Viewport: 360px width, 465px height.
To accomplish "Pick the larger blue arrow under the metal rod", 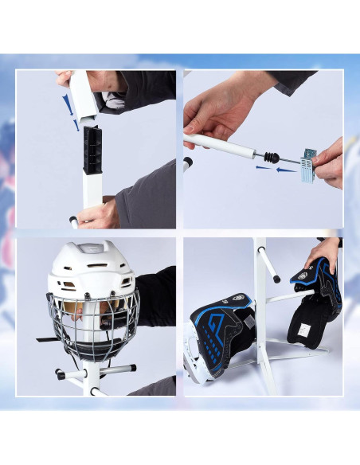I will (267, 168).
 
